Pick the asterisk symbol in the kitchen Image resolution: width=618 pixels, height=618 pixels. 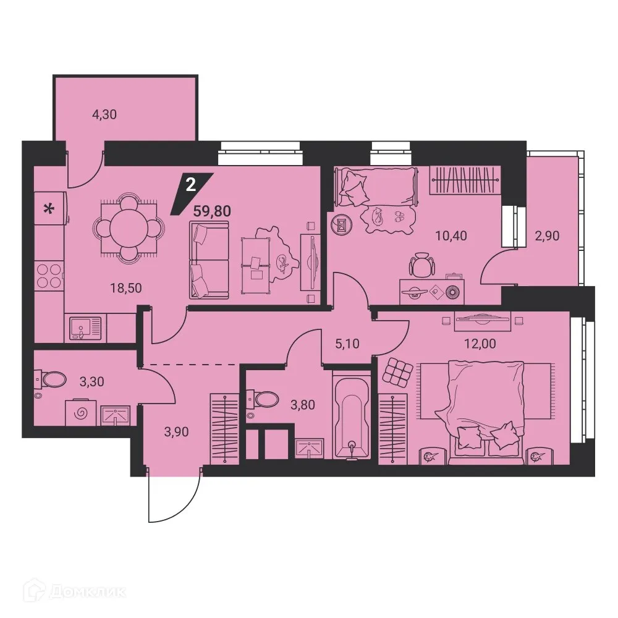47,210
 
